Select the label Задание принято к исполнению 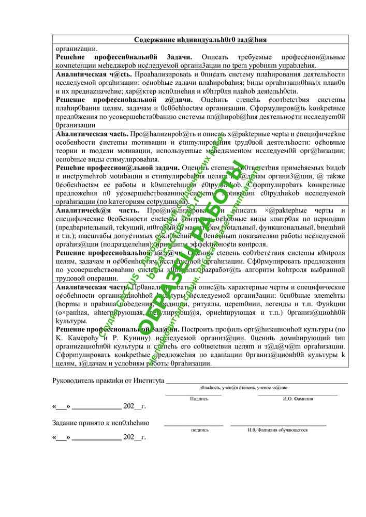[100, 422]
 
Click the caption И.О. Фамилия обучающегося [277, 430]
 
